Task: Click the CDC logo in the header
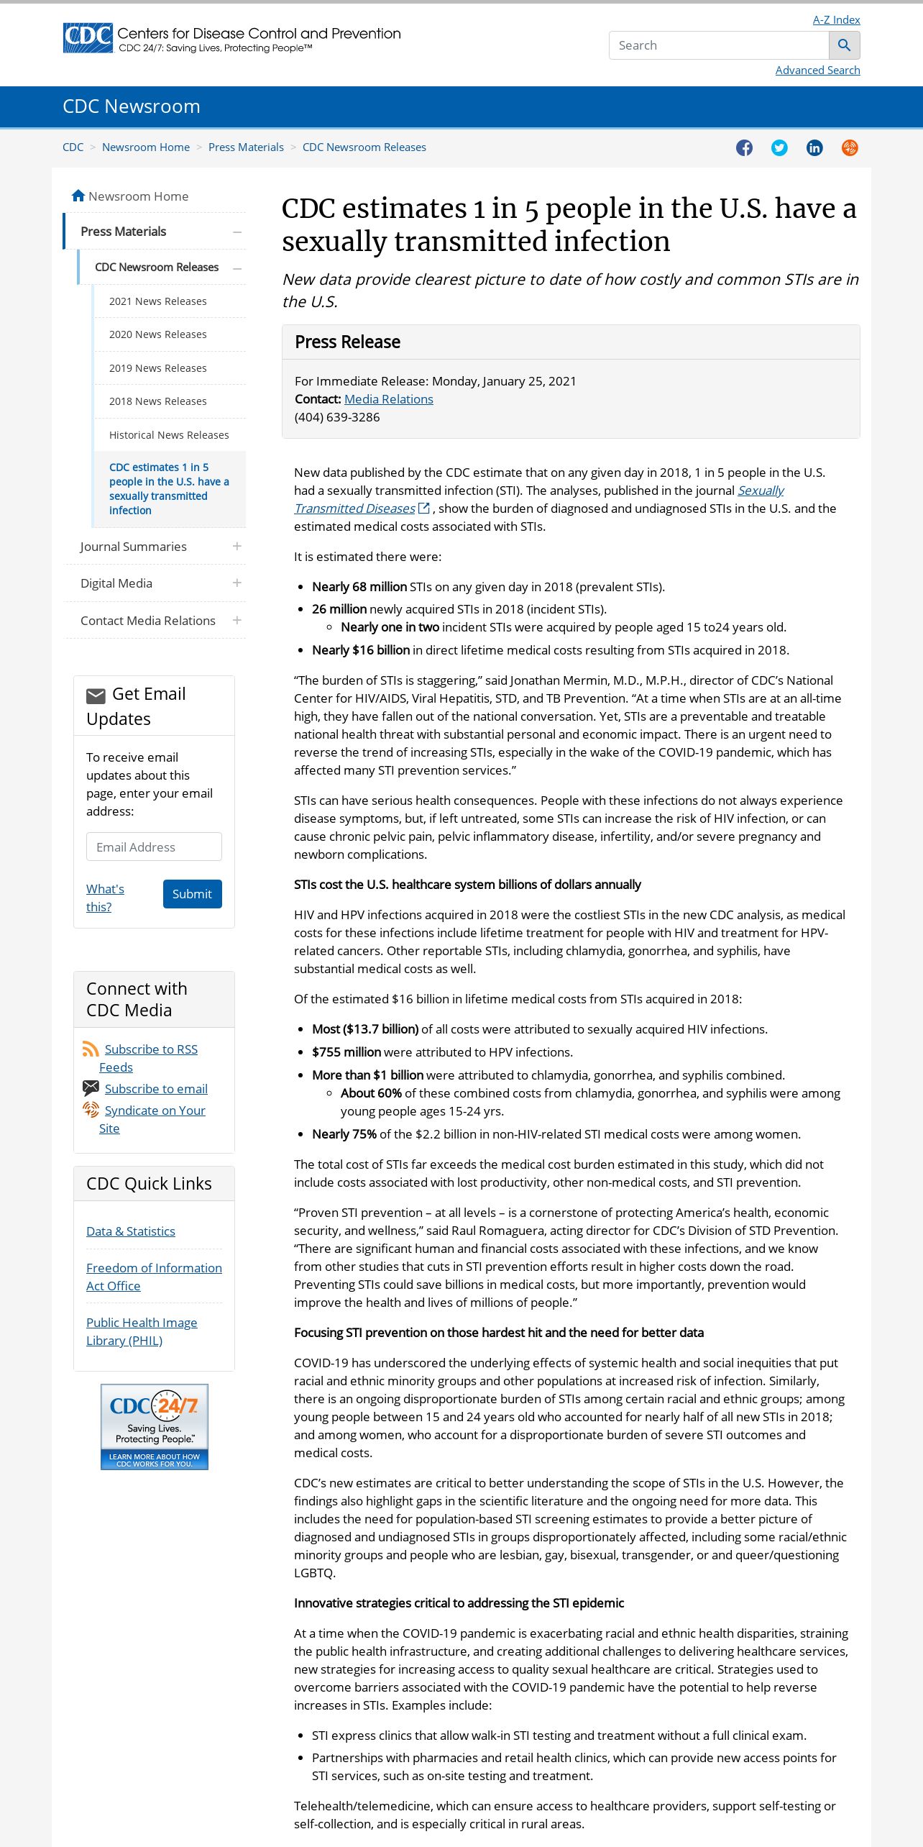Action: (88, 38)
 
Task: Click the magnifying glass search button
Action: (844, 45)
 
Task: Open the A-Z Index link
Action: (836, 19)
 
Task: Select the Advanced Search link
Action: (817, 70)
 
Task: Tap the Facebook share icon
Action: (744, 147)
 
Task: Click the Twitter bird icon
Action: (779, 147)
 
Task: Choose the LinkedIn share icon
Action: (814, 147)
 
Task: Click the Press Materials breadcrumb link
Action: (246, 147)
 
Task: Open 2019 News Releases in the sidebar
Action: (157, 368)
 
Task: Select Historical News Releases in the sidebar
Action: (169, 435)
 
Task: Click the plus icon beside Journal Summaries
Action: (237, 547)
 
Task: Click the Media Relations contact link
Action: (388, 399)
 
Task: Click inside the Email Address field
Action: (154, 847)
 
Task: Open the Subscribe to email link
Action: (156, 1089)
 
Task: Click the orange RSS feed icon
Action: (91, 1049)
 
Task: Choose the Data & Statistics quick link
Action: (131, 1231)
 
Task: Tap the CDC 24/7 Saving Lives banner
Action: (155, 1426)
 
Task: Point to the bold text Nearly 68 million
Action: (359, 587)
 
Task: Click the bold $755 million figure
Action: (346, 1052)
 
